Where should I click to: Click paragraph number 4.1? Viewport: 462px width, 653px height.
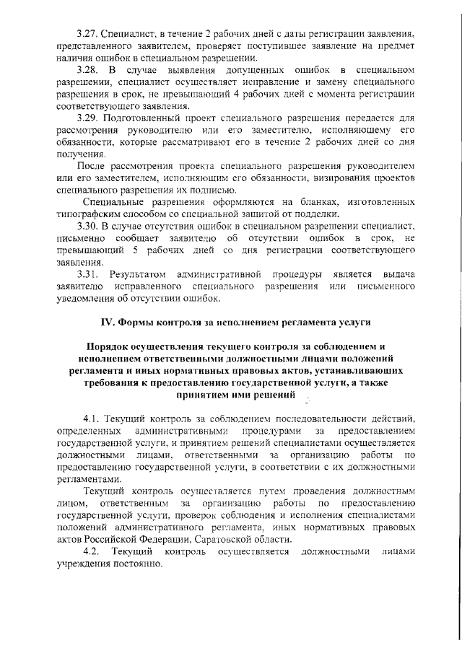click(x=93, y=419)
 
